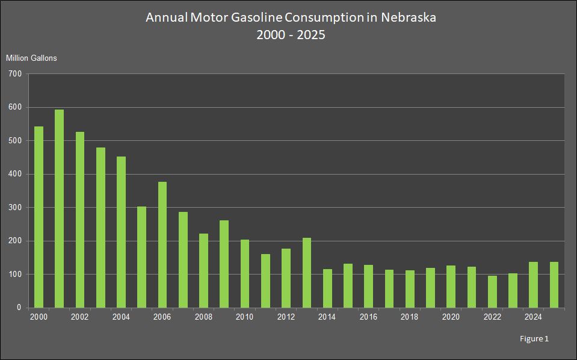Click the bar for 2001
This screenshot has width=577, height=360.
point(59,208)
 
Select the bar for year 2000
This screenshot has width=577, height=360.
point(39,217)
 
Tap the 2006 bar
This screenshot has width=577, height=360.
point(162,244)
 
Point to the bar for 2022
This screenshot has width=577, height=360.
point(492,291)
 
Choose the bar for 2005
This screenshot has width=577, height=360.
point(141,257)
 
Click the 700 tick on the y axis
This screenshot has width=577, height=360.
point(15,74)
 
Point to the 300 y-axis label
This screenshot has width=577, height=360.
point(15,208)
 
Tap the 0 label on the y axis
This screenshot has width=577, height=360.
point(19,308)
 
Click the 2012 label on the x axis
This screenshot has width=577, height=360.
point(286,317)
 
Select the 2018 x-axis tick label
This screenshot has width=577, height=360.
point(410,317)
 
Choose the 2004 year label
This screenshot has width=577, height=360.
point(121,317)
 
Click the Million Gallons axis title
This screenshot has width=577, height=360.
point(31,58)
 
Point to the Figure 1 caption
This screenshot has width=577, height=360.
point(534,339)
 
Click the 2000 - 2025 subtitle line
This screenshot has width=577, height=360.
point(291,34)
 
